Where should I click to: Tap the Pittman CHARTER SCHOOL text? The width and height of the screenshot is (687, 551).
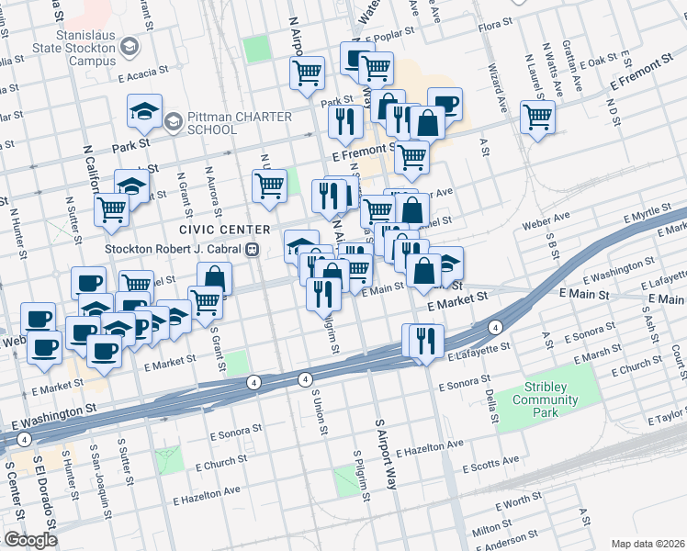point(238,123)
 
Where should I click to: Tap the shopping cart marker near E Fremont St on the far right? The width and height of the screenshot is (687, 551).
point(537,117)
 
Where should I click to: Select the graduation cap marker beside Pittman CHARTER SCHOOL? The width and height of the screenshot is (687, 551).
point(144,111)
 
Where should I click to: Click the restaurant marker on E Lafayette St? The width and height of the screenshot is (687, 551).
point(422,341)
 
